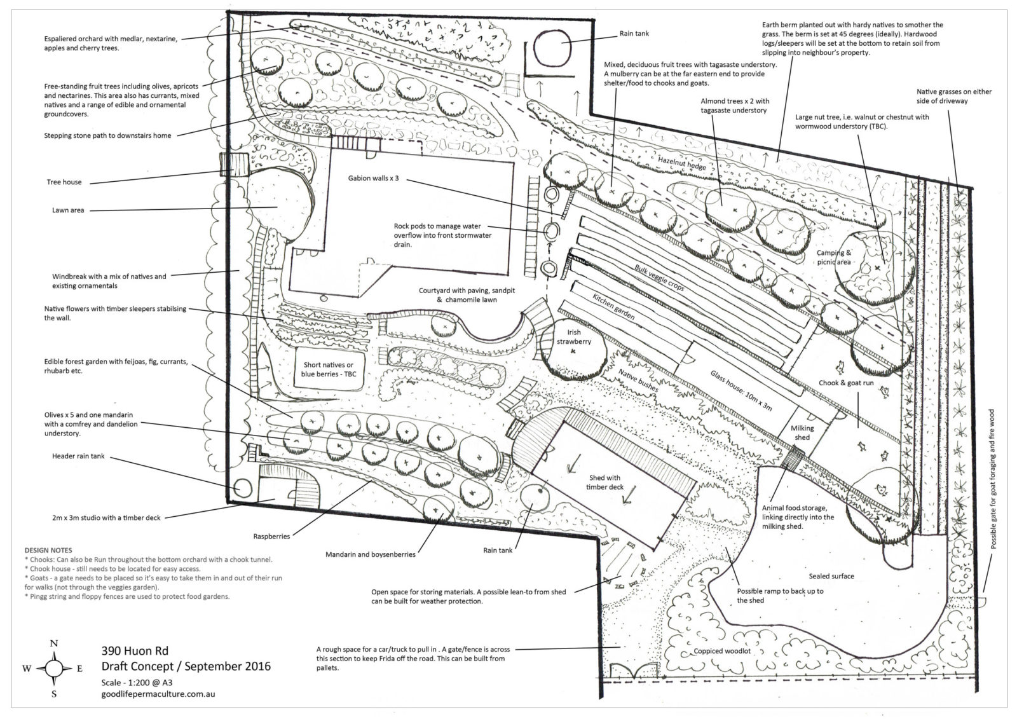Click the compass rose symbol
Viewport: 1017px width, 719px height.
tap(54, 668)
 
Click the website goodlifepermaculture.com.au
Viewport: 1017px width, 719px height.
tap(158, 694)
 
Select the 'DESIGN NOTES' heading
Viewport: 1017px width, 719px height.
tap(48, 550)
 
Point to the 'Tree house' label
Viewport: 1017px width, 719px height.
tap(64, 182)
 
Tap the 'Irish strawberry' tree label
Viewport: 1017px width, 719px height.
tap(574, 337)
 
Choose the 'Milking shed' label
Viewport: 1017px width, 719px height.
tap(802, 432)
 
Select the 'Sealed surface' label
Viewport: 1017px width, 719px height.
tap(831, 576)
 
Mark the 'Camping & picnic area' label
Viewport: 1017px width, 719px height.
tap(834, 257)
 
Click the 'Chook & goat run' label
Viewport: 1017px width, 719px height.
tap(846, 383)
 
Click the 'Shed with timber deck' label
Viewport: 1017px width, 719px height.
tap(604, 483)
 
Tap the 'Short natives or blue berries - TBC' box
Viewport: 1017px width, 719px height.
tap(329, 369)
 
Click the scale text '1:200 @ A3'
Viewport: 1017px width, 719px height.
tap(151, 681)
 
